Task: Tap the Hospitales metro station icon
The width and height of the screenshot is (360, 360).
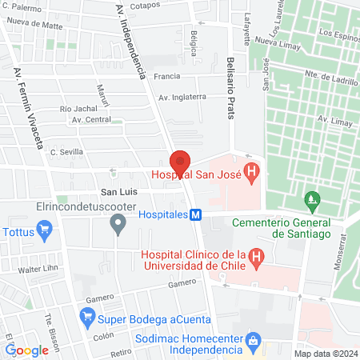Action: tap(195, 214)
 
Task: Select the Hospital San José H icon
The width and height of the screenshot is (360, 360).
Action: tap(251, 170)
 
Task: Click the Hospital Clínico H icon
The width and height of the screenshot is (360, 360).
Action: tap(256, 257)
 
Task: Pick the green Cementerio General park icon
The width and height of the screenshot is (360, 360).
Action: tap(311, 198)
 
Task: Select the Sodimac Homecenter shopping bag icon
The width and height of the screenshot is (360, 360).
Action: tap(253, 339)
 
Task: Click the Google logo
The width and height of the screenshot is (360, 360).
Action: tap(27, 350)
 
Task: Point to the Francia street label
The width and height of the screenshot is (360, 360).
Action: tap(166, 78)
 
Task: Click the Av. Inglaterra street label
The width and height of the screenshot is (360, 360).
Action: tap(182, 97)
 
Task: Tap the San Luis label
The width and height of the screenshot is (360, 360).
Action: tap(117, 192)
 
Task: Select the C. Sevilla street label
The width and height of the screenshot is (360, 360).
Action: tap(66, 151)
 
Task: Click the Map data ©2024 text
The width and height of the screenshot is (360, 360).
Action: tap(325, 354)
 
